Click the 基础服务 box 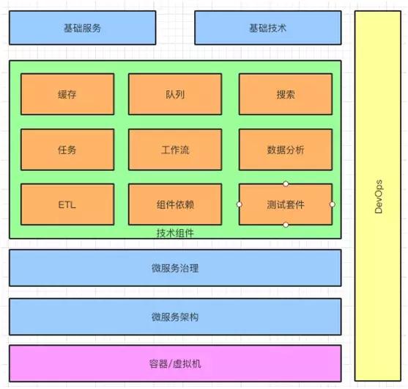point(82,29)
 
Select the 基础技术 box point(267,29)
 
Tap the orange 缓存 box point(67,95)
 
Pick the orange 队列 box point(175,95)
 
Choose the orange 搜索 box point(286,95)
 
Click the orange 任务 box point(67,150)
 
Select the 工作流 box point(175,150)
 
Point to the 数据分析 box point(286,150)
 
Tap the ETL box point(67,205)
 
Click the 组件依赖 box point(175,205)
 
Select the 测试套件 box point(286,205)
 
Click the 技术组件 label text point(175,233)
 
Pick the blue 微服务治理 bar point(175,268)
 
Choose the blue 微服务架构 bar point(175,317)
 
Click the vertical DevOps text point(379,197)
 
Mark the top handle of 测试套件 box point(286,184)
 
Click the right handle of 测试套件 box point(332,204)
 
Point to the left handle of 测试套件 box point(240,204)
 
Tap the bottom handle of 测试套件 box point(286,225)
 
